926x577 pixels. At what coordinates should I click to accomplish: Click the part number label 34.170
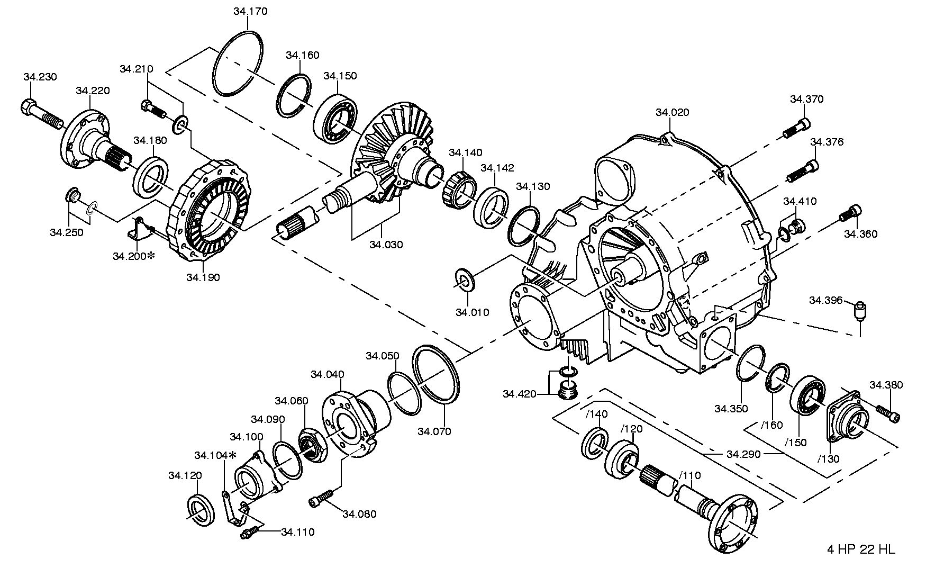click(x=250, y=11)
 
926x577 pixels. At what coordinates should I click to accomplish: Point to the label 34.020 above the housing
click(x=672, y=112)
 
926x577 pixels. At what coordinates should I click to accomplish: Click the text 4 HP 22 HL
click(x=861, y=549)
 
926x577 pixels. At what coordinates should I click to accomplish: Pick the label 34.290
click(x=743, y=454)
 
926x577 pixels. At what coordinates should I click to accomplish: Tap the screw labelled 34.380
click(x=887, y=414)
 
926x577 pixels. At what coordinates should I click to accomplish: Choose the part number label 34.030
click(x=386, y=245)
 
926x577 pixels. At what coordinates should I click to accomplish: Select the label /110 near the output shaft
click(x=689, y=475)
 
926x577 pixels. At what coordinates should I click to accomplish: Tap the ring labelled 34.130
click(x=524, y=226)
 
